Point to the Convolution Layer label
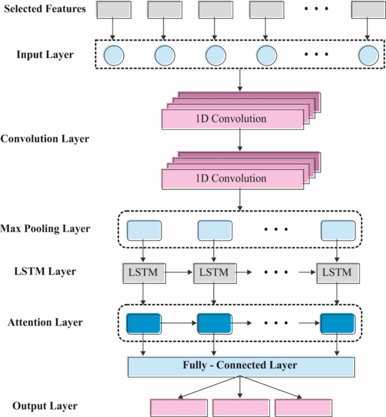(x=45, y=138)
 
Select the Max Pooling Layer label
(x=45, y=229)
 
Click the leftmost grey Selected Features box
(x=114, y=9)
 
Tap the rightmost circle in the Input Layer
(x=369, y=55)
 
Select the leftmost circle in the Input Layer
(x=114, y=55)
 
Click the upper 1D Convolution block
(x=231, y=119)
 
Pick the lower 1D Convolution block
(x=231, y=179)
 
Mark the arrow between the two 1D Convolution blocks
(x=241, y=140)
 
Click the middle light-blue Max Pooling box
(x=214, y=230)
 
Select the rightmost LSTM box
(x=337, y=273)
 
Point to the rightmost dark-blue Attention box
(x=338, y=323)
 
